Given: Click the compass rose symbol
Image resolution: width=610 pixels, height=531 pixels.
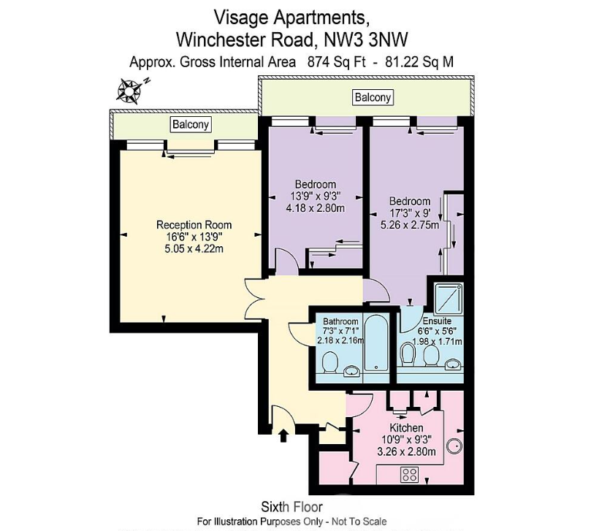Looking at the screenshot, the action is tap(129, 91).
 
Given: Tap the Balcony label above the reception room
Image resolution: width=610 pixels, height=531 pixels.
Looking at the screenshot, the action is tap(191, 124).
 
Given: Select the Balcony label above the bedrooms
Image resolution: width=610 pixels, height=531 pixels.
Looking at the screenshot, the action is tap(373, 97).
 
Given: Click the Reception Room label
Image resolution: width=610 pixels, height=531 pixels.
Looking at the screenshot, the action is tap(194, 225).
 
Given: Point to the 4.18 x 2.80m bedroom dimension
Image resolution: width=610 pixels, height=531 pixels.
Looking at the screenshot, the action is tap(315, 208).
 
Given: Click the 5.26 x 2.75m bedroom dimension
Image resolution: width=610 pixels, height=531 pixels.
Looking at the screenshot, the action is tap(410, 225).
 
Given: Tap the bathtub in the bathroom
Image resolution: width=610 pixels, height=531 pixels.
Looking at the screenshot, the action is tap(375, 343).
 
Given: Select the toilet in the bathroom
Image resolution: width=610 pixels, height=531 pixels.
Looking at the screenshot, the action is tap(330, 362).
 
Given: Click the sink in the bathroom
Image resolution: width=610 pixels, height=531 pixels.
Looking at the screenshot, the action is tap(352, 371).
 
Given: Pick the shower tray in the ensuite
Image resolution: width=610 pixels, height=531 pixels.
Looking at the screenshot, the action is tap(449, 299).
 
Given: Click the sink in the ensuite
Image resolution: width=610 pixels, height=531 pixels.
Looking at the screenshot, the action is tap(453, 364).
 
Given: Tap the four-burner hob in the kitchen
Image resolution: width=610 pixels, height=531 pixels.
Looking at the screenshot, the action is tap(409, 475).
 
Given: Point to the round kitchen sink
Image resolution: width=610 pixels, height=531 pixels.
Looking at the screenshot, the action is tap(454, 446).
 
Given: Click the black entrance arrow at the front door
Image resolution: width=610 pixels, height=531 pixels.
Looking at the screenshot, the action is tap(283, 436).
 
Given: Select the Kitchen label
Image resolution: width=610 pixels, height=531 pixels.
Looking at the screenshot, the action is tap(406, 428).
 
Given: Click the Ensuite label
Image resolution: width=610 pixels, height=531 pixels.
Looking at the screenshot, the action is tap(437, 321).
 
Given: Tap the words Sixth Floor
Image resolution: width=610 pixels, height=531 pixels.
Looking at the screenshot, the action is tap(291, 507).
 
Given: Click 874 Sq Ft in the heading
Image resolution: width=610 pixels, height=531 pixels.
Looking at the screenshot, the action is tap(337, 62).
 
